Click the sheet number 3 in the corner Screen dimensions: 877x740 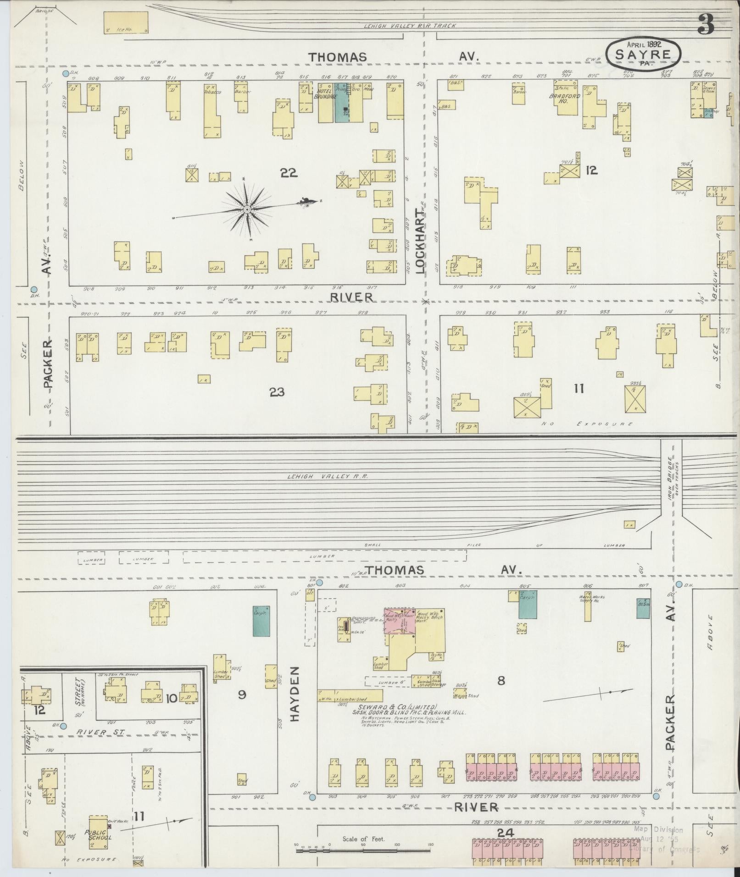click(706, 24)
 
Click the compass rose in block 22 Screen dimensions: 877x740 click(247, 210)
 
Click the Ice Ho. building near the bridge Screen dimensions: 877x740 click(126, 22)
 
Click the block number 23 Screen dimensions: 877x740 click(277, 392)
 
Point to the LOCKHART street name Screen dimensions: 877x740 click(421, 242)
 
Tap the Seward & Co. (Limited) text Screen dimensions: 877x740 click(395, 706)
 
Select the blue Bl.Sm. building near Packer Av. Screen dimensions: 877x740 click(643, 608)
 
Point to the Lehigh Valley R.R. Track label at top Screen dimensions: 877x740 click(410, 26)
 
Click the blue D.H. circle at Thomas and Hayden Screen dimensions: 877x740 click(320, 583)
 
